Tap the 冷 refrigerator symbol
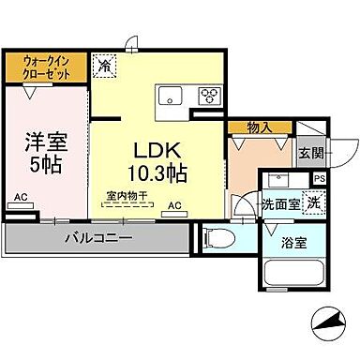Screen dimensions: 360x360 tap(105, 67)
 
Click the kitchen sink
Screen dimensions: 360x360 tap(172, 94)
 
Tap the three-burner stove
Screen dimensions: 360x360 tap(207, 94)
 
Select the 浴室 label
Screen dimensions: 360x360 tap(293, 243)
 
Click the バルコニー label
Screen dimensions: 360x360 tap(97, 239)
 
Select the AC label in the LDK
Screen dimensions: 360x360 tap(173, 203)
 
